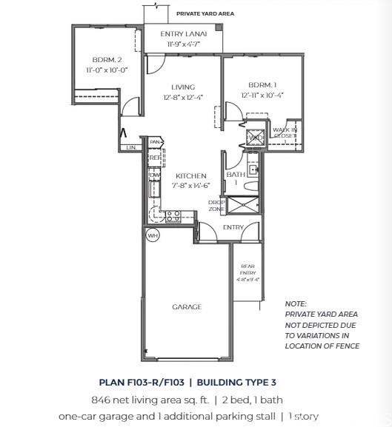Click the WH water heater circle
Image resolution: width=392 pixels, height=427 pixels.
point(153,236)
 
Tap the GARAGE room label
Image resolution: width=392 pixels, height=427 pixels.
point(187,306)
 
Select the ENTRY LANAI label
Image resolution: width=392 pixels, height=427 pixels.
point(183,35)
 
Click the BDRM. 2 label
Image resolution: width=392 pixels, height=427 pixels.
point(107,60)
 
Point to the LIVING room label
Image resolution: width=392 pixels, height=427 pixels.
point(183,87)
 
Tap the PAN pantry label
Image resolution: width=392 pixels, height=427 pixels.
point(155,142)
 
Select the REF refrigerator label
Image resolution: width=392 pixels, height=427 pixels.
point(155,158)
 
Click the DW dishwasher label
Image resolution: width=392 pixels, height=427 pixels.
point(154,175)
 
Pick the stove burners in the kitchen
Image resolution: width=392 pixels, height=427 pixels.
point(172,215)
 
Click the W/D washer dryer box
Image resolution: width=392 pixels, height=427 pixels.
point(255,137)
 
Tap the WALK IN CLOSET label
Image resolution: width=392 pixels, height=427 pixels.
point(285,133)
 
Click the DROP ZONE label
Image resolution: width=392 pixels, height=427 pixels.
point(216,206)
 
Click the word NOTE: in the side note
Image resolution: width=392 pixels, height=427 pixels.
point(296,304)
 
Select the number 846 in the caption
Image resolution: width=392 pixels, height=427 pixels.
point(103,400)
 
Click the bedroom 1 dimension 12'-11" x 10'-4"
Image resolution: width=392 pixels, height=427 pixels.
point(262,95)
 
